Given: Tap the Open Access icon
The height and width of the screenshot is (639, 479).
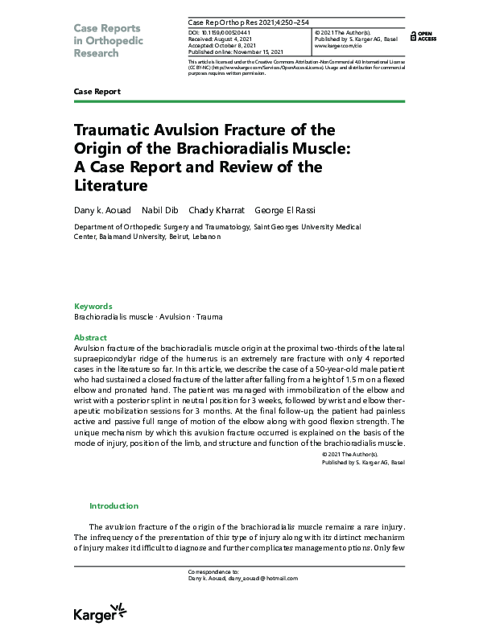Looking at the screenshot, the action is click(x=423, y=35).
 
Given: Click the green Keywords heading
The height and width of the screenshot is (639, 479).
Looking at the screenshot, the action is click(x=93, y=306).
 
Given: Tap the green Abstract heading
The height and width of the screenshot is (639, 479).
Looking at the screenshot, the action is click(x=90, y=337).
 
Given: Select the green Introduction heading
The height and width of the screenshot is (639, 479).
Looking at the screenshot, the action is click(x=114, y=505).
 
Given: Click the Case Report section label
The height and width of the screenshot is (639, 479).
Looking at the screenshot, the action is click(x=97, y=92).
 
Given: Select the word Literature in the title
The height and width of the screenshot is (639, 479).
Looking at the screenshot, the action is click(x=112, y=186).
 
